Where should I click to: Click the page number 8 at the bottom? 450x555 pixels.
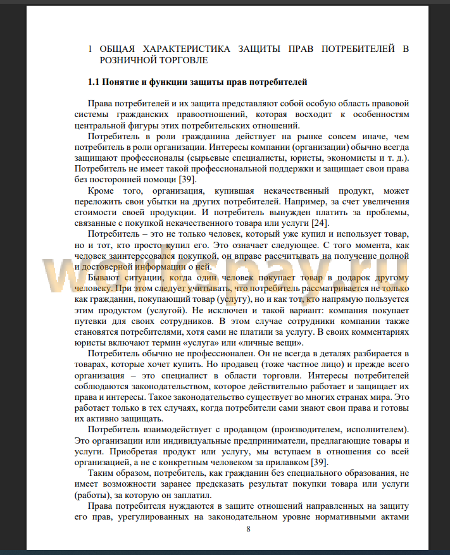point(249,529)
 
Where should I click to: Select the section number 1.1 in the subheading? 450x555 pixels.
point(94,82)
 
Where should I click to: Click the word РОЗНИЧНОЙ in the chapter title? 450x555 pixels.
point(128,60)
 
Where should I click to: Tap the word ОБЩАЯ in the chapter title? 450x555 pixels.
point(116,48)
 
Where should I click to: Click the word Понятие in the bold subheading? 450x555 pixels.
point(122,82)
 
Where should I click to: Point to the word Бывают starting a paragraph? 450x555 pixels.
point(104,278)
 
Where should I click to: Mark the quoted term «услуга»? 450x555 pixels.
point(186,342)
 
